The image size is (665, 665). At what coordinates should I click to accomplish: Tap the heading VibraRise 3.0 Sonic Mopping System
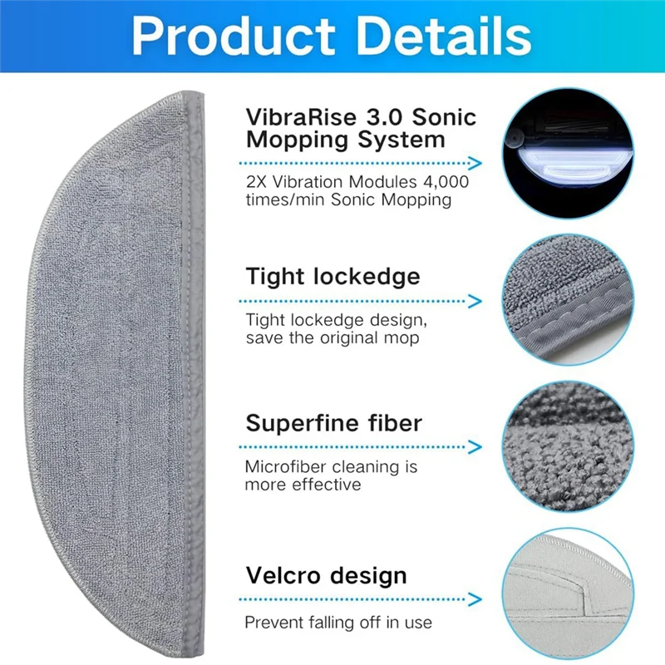pos(361,128)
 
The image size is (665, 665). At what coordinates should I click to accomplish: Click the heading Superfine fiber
pos(333,423)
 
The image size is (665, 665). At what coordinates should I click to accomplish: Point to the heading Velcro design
pos(326,575)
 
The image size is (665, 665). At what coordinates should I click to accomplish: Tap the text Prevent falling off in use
pos(338,622)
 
